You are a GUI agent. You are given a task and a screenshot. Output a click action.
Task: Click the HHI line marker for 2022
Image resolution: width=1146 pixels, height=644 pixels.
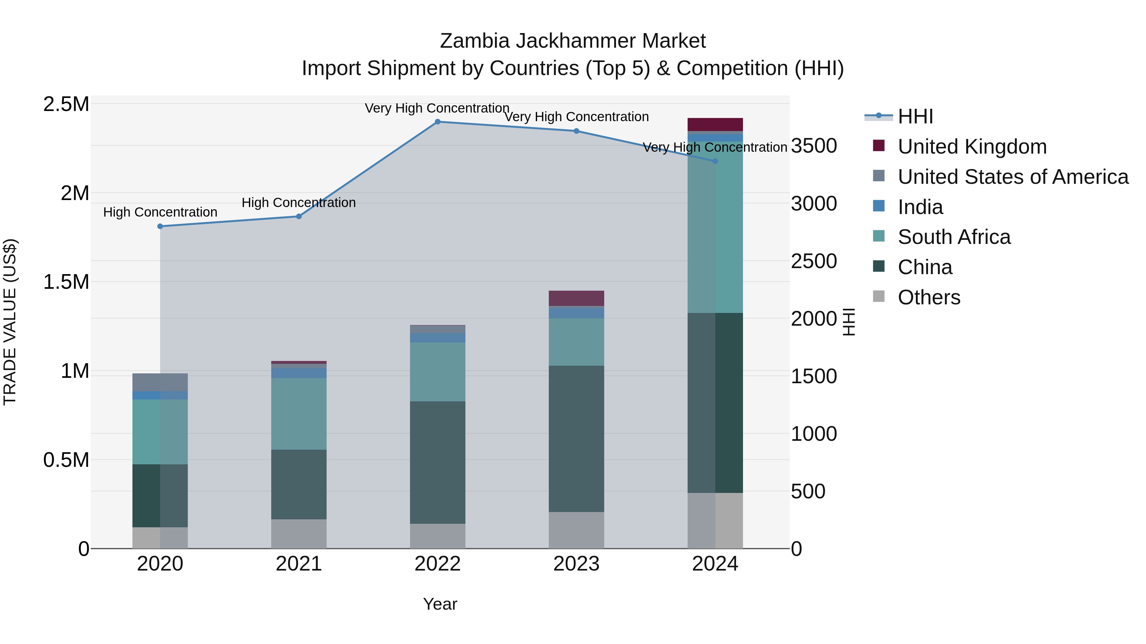tap(437, 122)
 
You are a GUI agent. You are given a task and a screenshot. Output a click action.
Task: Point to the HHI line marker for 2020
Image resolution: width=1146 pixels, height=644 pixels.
tap(160, 226)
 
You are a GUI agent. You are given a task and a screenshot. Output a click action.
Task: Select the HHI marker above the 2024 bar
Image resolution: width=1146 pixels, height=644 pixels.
tap(715, 161)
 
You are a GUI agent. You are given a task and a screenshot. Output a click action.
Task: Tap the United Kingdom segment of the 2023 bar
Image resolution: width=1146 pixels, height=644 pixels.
tap(576, 298)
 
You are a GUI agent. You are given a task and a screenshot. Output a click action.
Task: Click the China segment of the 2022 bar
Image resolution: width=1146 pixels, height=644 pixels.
tap(437, 462)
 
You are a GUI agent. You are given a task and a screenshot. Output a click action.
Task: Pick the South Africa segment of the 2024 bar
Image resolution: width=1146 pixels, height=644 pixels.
tap(715, 227)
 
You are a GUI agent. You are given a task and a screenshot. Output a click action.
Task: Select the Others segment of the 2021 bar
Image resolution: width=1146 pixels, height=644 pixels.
tap(299, 534)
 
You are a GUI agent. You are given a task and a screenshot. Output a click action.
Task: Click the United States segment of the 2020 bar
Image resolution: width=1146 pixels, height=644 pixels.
tap(160, 382)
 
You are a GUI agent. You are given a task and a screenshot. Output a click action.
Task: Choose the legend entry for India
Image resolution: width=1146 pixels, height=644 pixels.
tap(920, 207)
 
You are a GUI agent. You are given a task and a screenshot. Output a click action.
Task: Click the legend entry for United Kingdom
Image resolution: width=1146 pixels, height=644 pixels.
tap(972, 147)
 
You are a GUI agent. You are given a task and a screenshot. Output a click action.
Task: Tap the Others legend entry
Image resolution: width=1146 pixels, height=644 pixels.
tap(929, 297)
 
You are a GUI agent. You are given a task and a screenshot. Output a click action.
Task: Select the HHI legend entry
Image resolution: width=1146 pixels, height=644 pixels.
tap(915, 116)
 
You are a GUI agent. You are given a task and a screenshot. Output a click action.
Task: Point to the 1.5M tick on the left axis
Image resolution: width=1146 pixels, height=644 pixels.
tap(66, 282)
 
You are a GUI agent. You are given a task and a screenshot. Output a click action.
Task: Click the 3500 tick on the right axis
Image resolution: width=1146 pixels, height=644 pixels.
tap(814, 146)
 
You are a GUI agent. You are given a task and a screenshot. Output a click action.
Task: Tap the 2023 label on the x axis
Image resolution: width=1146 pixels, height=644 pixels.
tap(576, 564)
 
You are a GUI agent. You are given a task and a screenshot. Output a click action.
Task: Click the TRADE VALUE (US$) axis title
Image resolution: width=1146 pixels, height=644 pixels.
tap(10, 322)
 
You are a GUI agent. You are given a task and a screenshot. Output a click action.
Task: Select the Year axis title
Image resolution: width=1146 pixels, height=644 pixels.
tap(440, 604)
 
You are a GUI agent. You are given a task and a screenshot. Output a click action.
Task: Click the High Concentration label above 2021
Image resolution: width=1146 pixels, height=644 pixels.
tap(299, 203)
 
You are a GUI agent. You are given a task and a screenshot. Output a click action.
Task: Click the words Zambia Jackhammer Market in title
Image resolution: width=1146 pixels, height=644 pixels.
tap(573, 41)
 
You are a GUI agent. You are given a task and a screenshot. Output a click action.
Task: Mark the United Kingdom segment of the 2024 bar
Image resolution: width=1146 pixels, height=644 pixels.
tap(715, 124)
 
